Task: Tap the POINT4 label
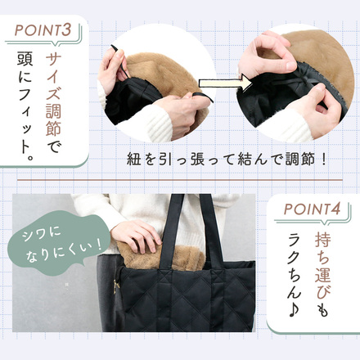316,209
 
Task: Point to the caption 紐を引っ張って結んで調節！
227,157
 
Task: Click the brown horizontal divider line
180,177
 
